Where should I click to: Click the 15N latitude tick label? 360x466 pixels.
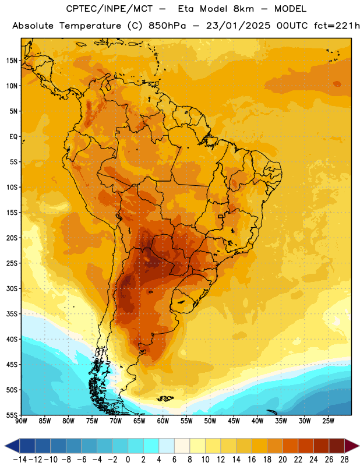(12, 61)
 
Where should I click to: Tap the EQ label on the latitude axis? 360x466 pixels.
(13, 137)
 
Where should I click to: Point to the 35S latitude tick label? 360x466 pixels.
(12, 314)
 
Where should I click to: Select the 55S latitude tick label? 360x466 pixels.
(12, 415)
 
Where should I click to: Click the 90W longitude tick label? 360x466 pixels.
(21, 421)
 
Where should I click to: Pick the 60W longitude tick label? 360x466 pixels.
(163, 421)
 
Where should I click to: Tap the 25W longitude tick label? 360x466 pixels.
(328, 421)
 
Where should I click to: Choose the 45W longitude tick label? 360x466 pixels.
(234, 421)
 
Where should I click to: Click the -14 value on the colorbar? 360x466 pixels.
(20, 460)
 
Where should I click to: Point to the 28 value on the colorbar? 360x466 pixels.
(344, 460)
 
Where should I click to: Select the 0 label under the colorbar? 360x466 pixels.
(128, 460)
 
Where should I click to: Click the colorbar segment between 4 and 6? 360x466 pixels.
(167, 446)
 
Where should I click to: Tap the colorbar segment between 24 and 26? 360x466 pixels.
(322, 446)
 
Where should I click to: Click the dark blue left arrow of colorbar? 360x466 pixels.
(12, 446)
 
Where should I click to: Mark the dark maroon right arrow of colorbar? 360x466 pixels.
(352, 446)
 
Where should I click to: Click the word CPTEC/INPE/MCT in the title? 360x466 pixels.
(110, 9)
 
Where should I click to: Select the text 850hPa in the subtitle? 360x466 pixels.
(167, 26)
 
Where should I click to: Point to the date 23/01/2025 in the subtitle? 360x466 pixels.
(238, 26)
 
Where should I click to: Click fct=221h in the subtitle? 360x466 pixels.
(337, 26)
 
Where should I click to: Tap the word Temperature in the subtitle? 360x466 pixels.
(90, 26)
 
